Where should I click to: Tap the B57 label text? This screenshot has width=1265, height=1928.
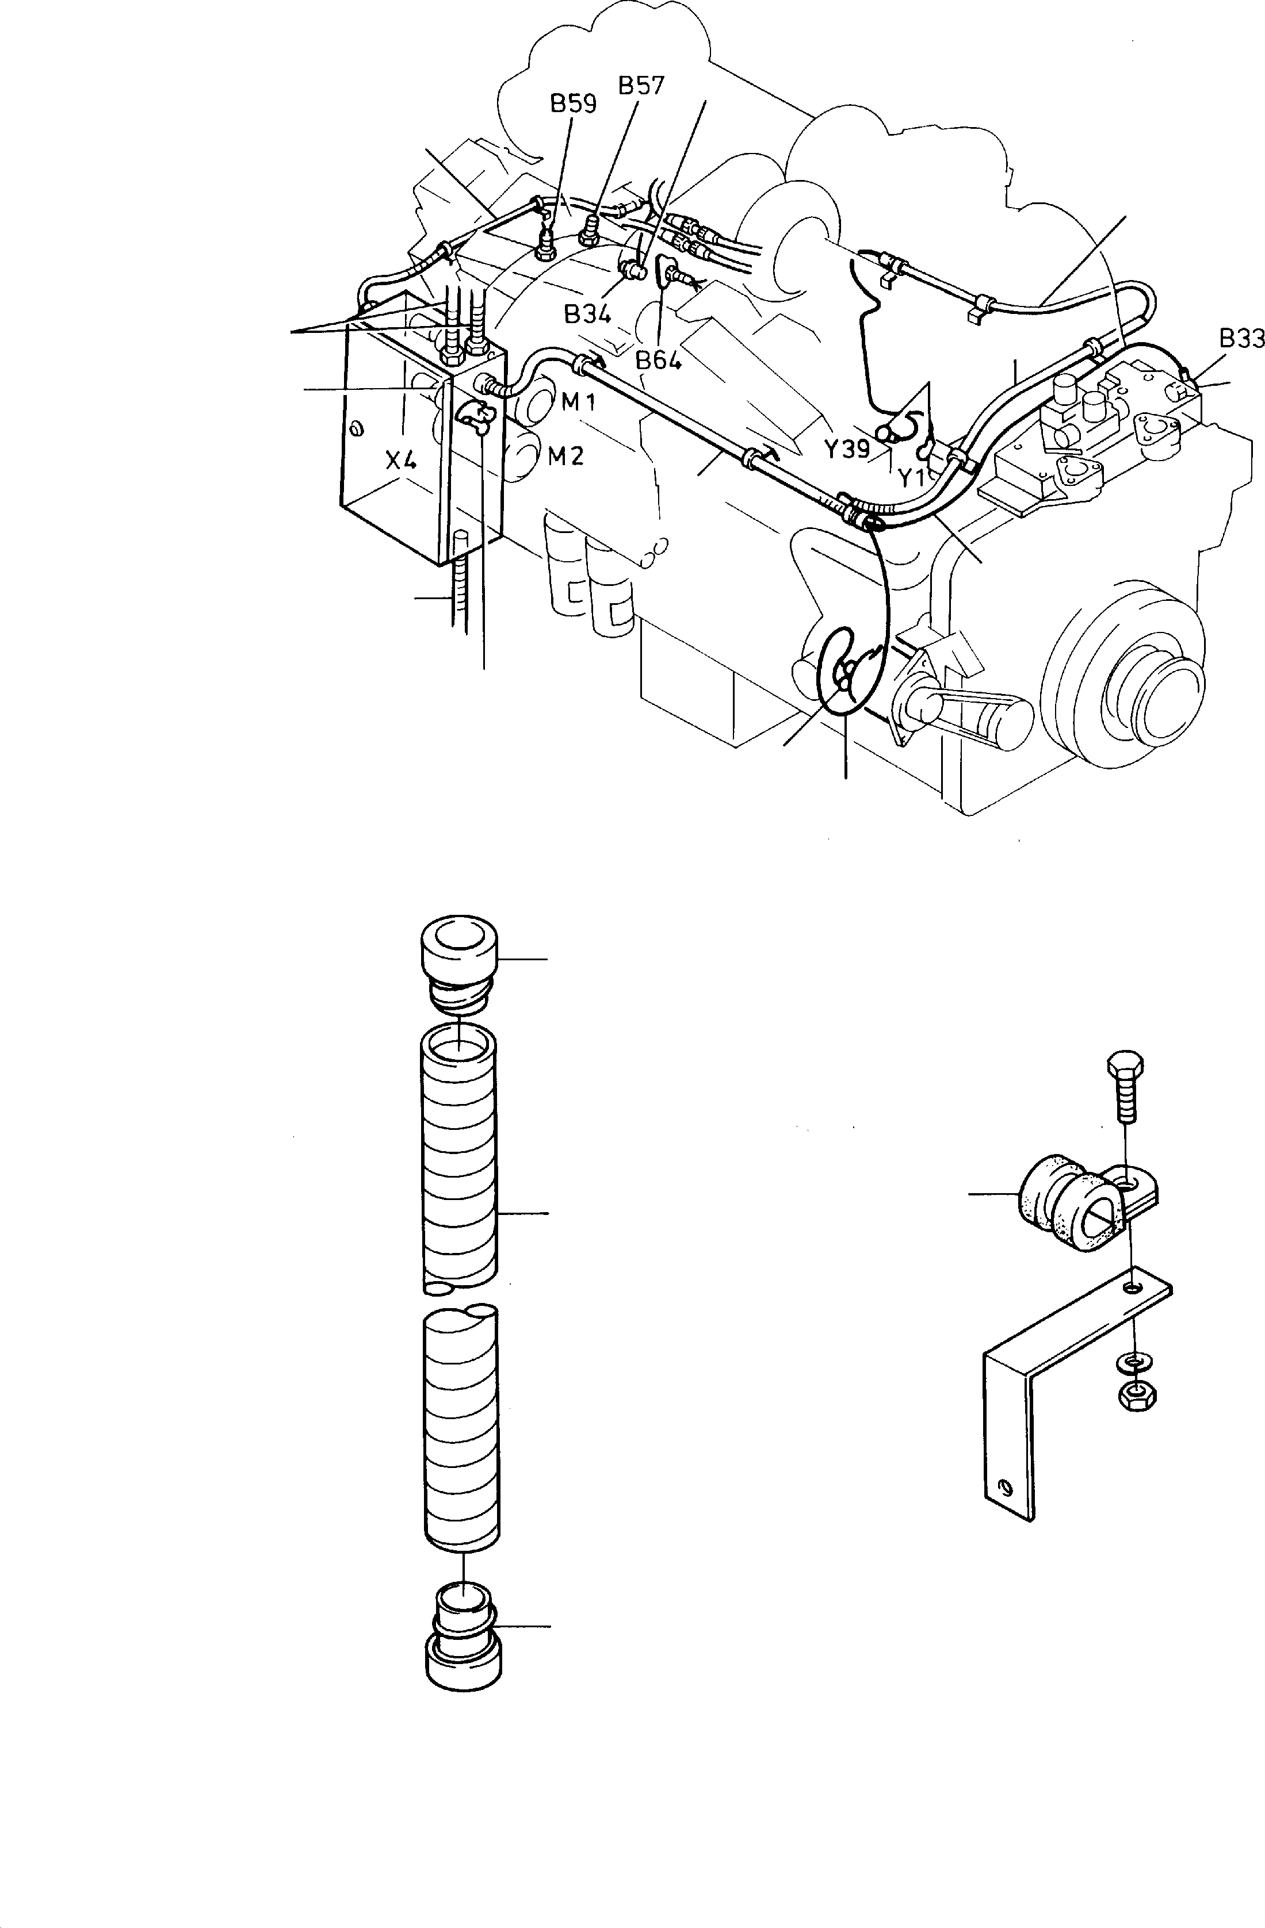click(641, 86)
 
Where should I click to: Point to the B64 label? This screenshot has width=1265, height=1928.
click(658, 361)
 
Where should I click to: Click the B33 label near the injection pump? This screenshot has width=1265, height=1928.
click(1241, 339)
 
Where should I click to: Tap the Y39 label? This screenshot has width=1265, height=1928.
click(846, 448)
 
